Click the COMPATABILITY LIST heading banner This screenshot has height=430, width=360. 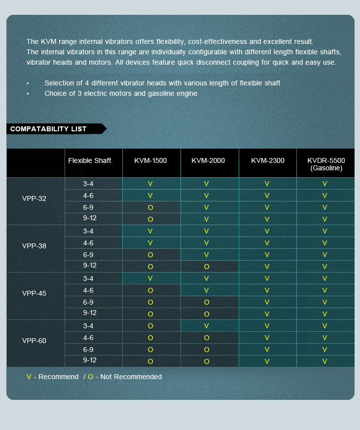48,129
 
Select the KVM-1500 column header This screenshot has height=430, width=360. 150,160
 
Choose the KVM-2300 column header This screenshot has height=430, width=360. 267,160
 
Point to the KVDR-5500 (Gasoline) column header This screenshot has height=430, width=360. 325,164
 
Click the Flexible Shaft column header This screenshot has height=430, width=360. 89,160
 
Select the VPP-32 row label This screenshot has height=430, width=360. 34,198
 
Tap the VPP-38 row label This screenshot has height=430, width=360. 34,246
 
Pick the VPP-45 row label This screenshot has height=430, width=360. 34,293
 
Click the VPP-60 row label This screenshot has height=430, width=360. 34,341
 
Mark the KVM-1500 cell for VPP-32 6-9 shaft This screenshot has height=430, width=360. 150,207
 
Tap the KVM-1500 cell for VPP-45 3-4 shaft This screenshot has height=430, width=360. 150,278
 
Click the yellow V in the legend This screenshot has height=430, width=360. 29,377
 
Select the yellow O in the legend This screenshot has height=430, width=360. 91,377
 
